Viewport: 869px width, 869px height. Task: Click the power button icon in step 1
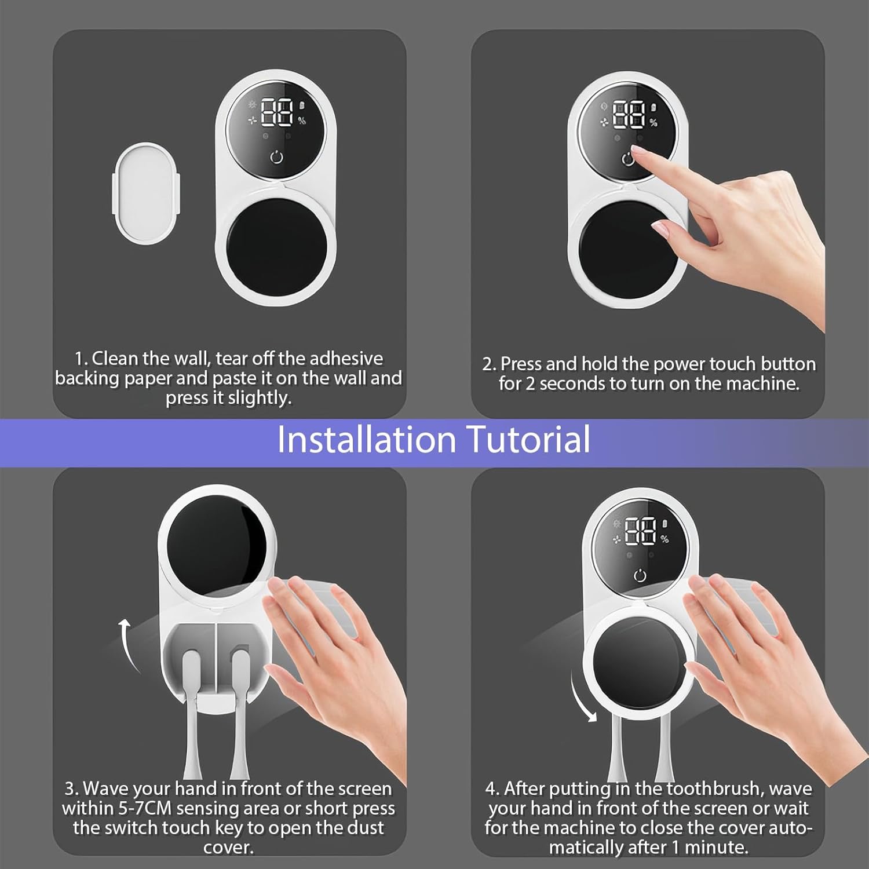[x=277, y=156]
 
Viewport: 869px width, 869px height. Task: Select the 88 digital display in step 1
[x=277, y=113]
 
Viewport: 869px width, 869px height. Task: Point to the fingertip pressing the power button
[x=635, y=152]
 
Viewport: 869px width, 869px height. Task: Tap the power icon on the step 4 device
[x=640, y=575]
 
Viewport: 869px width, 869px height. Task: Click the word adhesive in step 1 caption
[x=346, y=358]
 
